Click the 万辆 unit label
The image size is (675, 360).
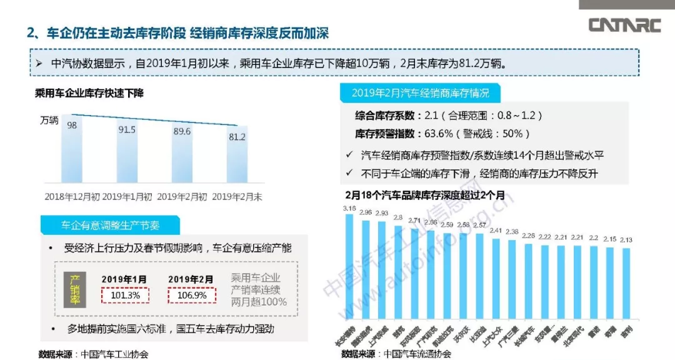click(x=51, y=120)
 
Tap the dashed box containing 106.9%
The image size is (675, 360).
click(x=191, y=294)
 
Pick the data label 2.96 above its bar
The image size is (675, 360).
click(x=366, y=212)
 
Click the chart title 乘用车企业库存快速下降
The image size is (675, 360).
click(x=89, y=94)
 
